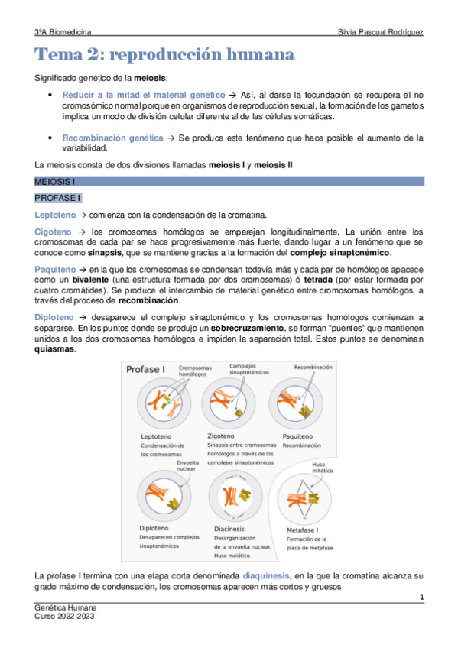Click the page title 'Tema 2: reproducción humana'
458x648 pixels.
click(164, 56)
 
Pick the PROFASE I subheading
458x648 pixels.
click(58, 198)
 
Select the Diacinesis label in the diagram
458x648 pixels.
click(229, 526)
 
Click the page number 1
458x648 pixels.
click(421, 595)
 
